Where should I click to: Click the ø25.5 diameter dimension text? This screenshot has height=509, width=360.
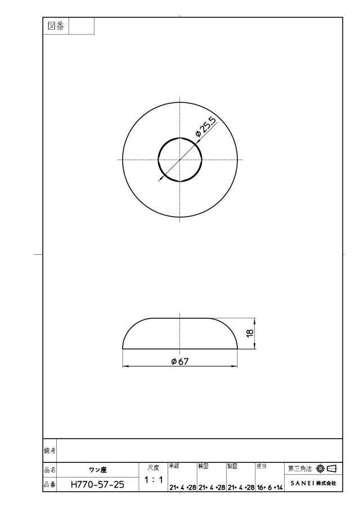tap(205, 127)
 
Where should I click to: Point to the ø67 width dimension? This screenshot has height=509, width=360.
tap(180, 361)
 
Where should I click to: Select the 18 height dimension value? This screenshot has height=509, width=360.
tap(250, 334)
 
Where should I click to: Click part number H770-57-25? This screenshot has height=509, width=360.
tap(97, 485)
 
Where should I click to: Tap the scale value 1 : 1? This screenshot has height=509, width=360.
tap(154, 479)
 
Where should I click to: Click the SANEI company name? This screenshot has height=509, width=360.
tap(302, 483)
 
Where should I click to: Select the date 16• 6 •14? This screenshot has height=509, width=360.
tap(270, 488)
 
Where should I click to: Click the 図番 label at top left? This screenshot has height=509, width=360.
tap(56, 26)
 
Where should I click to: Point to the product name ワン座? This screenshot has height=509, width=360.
tap(98, 470)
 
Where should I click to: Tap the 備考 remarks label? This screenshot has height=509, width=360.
tap(49, 451)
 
